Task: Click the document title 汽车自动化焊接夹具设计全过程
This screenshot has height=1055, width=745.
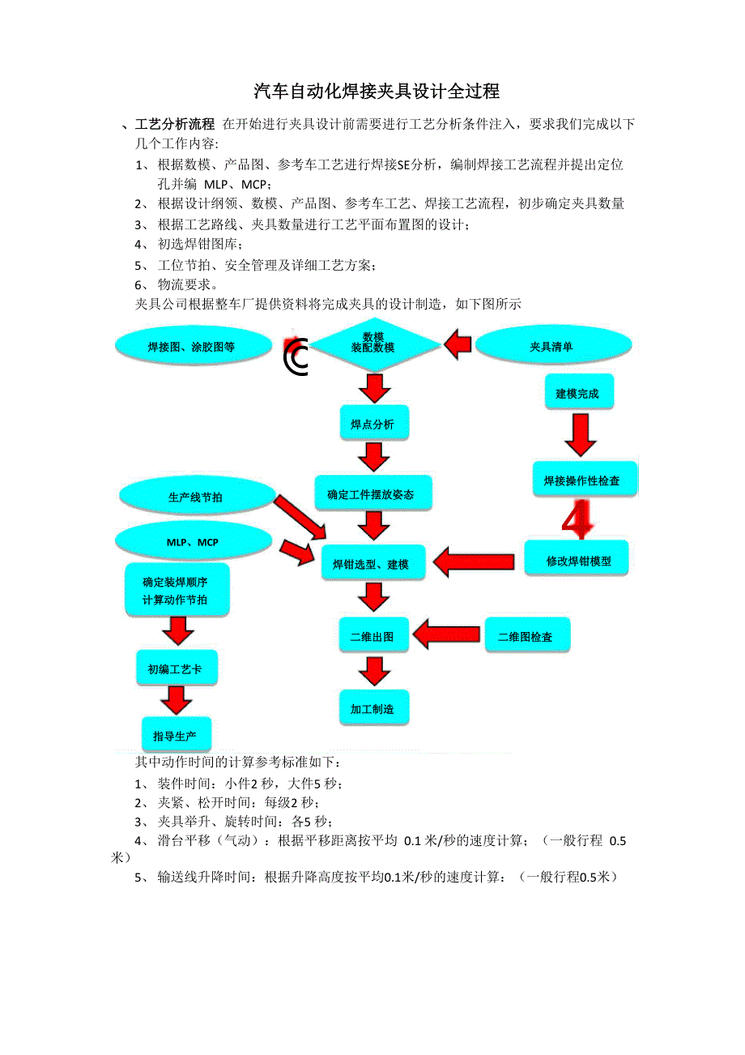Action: click(x=377, y=92)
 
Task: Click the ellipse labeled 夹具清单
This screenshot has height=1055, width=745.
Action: click(x=551, y=347)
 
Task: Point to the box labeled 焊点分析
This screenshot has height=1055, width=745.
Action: click(x=372, y=424)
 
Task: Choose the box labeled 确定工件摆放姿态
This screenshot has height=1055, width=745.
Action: click(x=371, y=494)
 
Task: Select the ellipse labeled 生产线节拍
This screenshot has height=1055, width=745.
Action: click(x=195, y=497)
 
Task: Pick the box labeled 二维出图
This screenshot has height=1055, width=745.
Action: click(x=372, y=637)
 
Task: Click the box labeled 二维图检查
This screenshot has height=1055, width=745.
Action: click(x=526, y=637)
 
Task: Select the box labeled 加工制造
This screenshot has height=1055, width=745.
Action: click(x=372, y=709)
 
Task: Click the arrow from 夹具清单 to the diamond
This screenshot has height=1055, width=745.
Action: click(x=458, y=344)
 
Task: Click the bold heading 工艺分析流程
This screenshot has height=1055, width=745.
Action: click(x=175, y=124)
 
